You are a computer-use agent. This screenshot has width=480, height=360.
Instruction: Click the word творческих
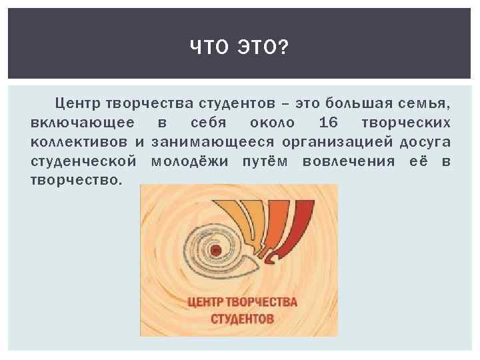405,123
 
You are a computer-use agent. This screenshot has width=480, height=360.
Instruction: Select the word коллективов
79,142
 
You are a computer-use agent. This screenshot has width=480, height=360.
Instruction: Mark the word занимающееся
212,143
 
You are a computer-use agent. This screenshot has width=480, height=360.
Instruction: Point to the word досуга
425,142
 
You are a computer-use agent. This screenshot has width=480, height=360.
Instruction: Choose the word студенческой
84,161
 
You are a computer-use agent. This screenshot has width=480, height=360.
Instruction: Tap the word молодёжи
189,161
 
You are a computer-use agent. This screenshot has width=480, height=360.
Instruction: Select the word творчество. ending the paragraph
77,180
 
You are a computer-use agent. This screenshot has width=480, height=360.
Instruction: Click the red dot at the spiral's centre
215,251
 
